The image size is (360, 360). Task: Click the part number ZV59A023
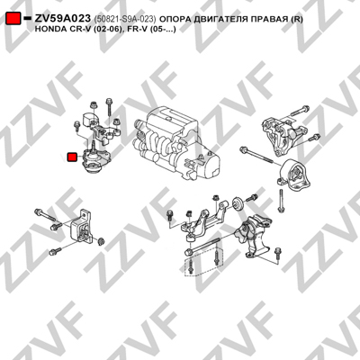[62, 19]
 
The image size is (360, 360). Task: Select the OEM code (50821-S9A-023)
[125, 19]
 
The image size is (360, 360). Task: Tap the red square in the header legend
[13, 18]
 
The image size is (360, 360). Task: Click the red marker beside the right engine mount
[72, 157]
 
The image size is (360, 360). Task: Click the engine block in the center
[179, 143]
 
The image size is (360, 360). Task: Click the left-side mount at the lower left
[82, 228]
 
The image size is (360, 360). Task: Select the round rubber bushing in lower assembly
[238, 204]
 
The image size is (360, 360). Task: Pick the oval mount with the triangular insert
[292, 175]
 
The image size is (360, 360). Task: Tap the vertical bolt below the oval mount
[281, 200]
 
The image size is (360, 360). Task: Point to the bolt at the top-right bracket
[300, 111]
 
